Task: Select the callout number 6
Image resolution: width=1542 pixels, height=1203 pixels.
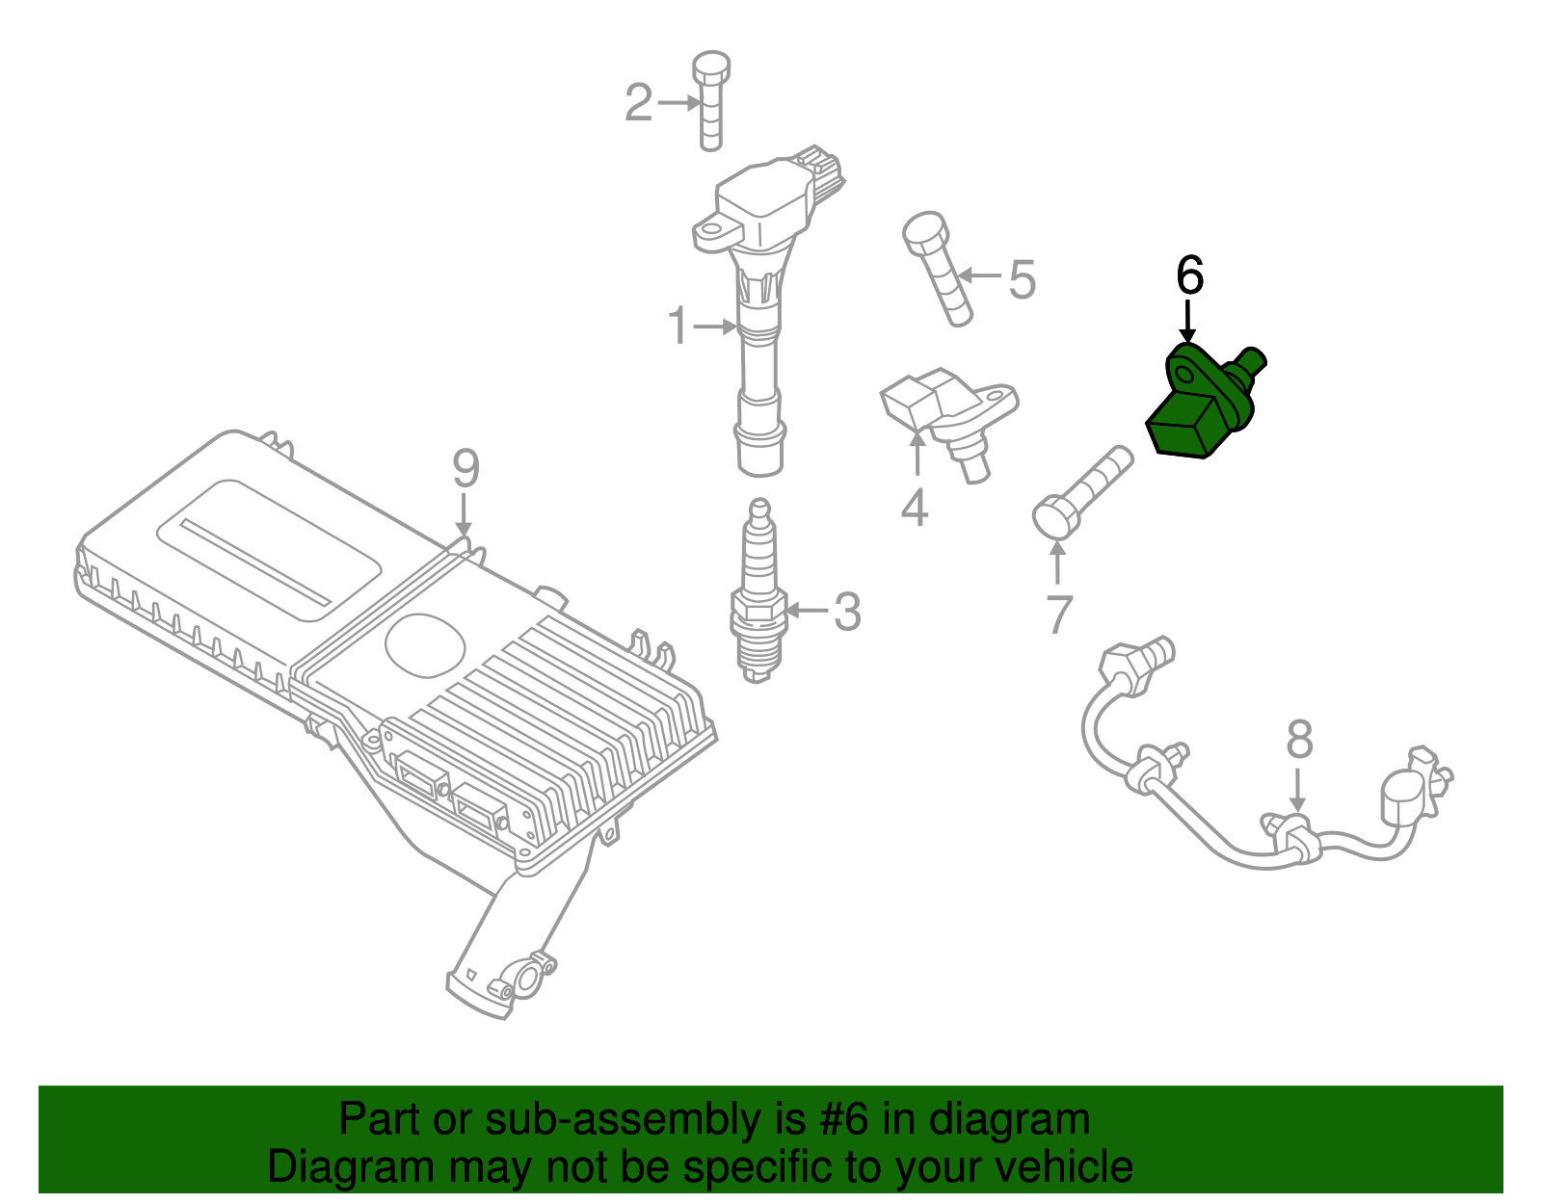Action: click(x=1189, y=276)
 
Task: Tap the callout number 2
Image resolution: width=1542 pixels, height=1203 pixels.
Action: click(x=638, y=103)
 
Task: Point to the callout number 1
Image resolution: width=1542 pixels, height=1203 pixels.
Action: click(x=678, y=327)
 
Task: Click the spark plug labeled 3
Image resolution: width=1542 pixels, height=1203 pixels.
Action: click(x=758, y=597)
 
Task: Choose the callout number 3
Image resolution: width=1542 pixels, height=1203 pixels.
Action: click(x=846, y=612)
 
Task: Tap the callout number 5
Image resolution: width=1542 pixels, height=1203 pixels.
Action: click(x=1022, y=279)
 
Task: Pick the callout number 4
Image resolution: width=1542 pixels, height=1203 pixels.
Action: click(x=914, y=508)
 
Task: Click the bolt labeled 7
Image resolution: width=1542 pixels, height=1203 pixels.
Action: click(x=1079, y=496)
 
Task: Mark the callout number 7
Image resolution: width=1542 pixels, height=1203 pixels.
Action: click(x=1058, y=615)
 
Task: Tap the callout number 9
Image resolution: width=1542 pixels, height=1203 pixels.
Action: click(x=465, y=469)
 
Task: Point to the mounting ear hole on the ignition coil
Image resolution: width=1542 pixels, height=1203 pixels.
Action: click(x=712, y=231)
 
